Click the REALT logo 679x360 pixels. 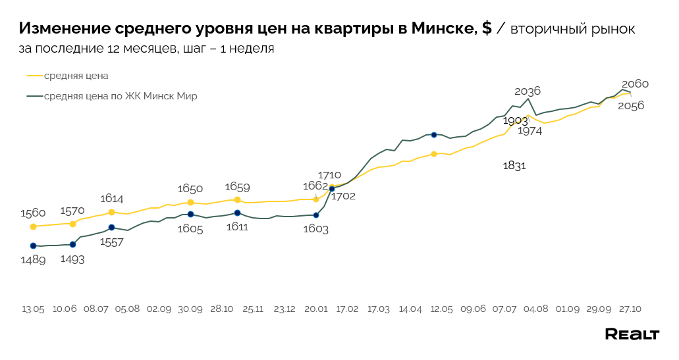pyautogui.click(x=632, y=334)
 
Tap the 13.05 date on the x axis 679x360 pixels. pyautogui.click(x=33, y=309)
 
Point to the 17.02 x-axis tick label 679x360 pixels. pyautogui.click(x=347, y=309)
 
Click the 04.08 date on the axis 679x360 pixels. pyautogui.click(x=536, y=309)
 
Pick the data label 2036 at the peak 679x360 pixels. pyautogui.click(x=528, y=91)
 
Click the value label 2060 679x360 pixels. pyautogui.click(x=635, y=84)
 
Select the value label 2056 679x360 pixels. pyautogui.click(x=631, y=105)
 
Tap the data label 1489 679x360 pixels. pyautogui.click(x=33, y=260)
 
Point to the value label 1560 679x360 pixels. pyautogui.click(x=33, y=213)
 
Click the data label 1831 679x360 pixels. pyautogui.click(x=514, y=166)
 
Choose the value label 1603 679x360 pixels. pyautogui.click(x=315, y=229)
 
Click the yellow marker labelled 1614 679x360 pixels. pyautogui.click(x=111, y=212)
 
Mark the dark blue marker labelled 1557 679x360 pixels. pyautogui.click(x=111, y=227)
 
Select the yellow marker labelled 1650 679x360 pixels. pyautogui.click(x=190, y=202)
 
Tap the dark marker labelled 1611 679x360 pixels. pyautogui.click(x=237, y=213)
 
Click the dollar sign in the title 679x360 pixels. pyautogui.click(x=487, y=29)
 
